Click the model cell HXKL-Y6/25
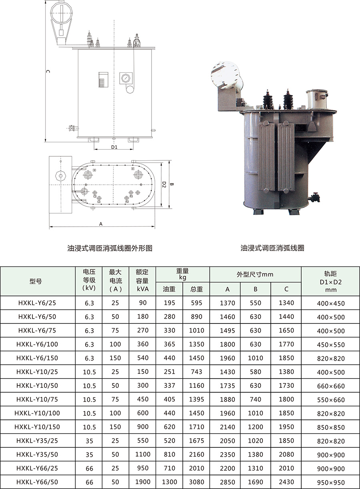(x=37, y=303)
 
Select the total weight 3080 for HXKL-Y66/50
(x=197, y=482)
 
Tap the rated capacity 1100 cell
(x=143, y=454)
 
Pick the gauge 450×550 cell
(x=331, y=345)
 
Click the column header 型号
(x=35, y=281)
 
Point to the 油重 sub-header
(x=169, y=289)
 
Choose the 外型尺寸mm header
(x=255, y=274)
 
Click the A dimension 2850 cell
(x=228, y=482)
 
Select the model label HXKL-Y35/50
(x=37, y=454)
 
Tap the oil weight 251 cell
(x=170, y=372)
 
